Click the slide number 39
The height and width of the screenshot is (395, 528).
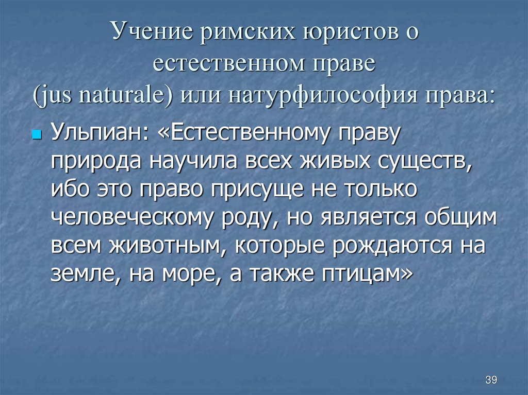click(491, 380)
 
